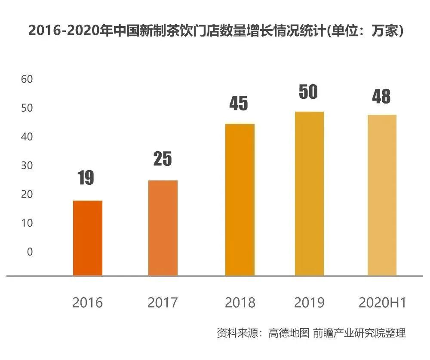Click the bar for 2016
(x=88, y=238)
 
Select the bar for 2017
(x=163, y=228)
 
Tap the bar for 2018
(x=240, y=200)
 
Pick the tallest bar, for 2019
(x=309, y=194)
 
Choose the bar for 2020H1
(x=382, y=195)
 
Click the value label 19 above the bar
(x=86, y=177)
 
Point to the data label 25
(x=163, y=159)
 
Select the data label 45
(x=239, y=103)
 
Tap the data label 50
(x=308, y=92)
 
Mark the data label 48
(x=381, y=97)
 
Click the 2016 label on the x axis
(x=88, y=303)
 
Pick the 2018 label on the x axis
(x=240, y=303)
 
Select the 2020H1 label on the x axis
(x=382, y=303)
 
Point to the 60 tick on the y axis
(x=27, y=79)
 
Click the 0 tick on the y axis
(x=30, y=252)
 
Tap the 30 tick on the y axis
(x=27, y=165)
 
